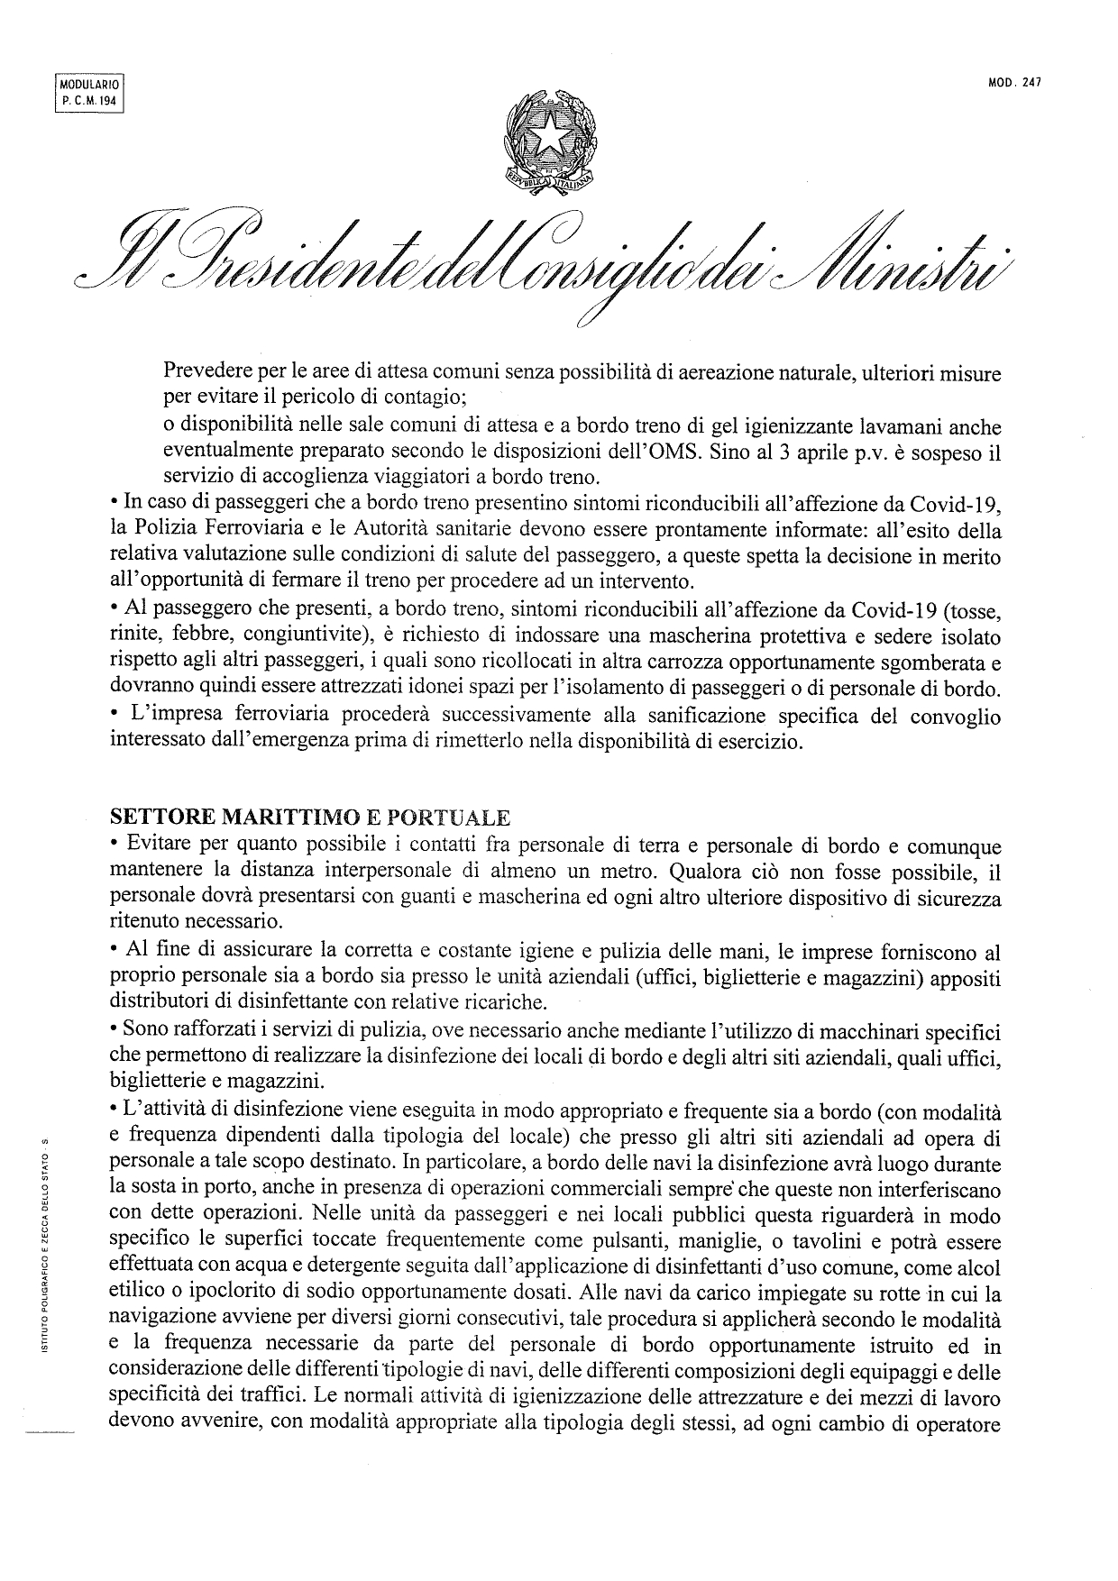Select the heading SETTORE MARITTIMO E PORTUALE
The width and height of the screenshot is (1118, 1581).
coord(309,818)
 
